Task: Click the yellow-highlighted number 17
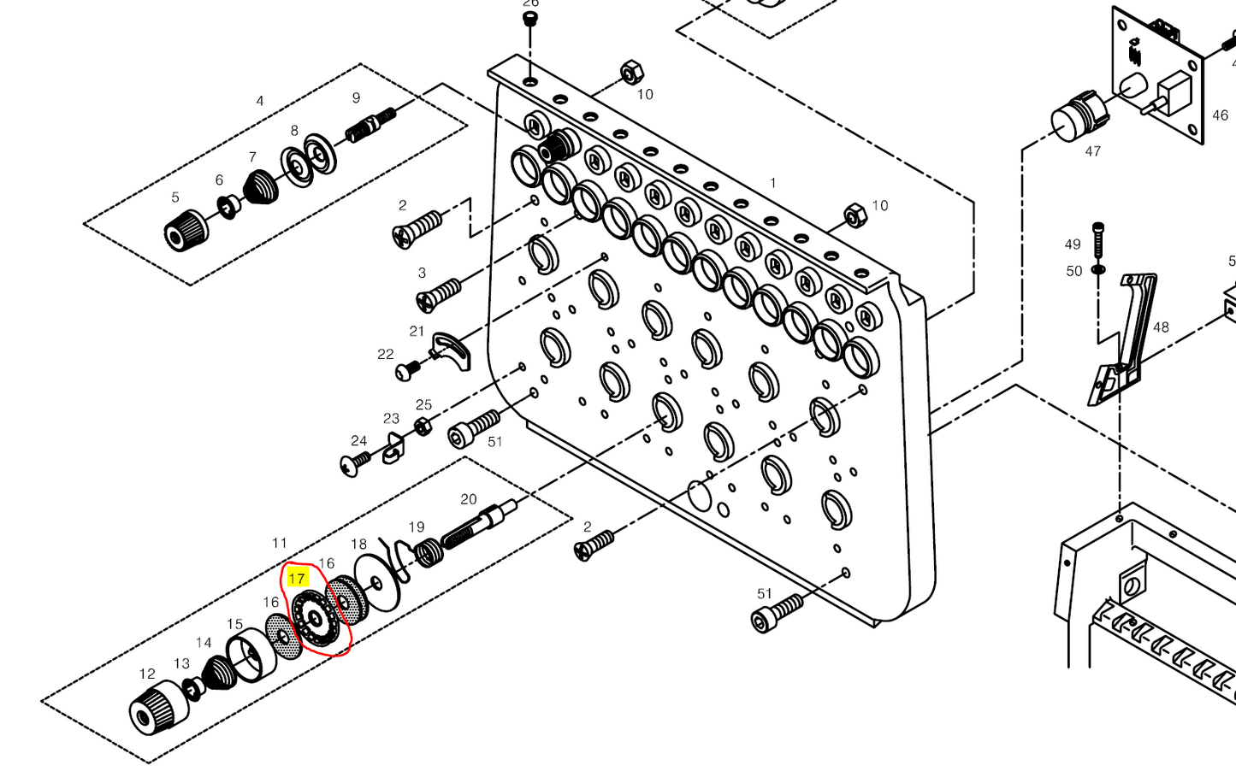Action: click(x=297, y=578)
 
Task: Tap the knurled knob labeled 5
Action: click(x=184, y=230)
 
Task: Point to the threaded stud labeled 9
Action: click(x=369, y=124)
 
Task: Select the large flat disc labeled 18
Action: click(x=376, y=582)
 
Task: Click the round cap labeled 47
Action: click(x=1075, y=122)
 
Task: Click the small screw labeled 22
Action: click(x=406, y=371)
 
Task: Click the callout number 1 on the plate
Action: click(x=772, y=183)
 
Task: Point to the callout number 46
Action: click(x=1219, y=115)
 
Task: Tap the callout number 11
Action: click(x=279, y=543)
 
